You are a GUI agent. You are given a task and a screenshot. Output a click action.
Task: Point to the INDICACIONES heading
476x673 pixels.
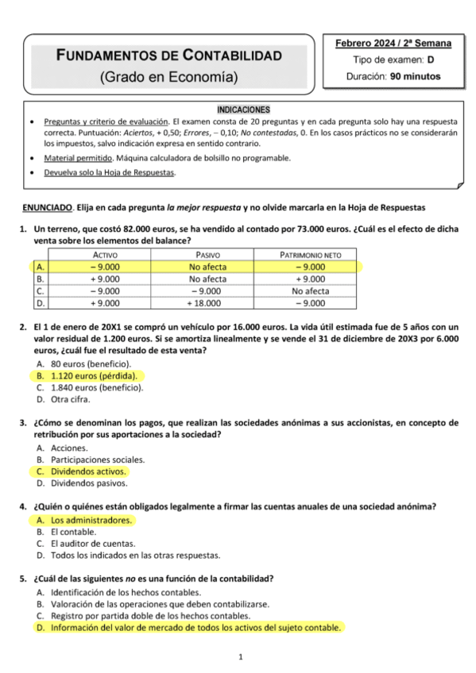(x=243, y=109)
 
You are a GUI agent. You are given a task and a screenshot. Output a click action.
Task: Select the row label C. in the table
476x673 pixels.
(x=41, y=290)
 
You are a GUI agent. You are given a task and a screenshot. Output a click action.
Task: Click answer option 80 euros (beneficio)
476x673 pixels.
(x=91, y=363)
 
